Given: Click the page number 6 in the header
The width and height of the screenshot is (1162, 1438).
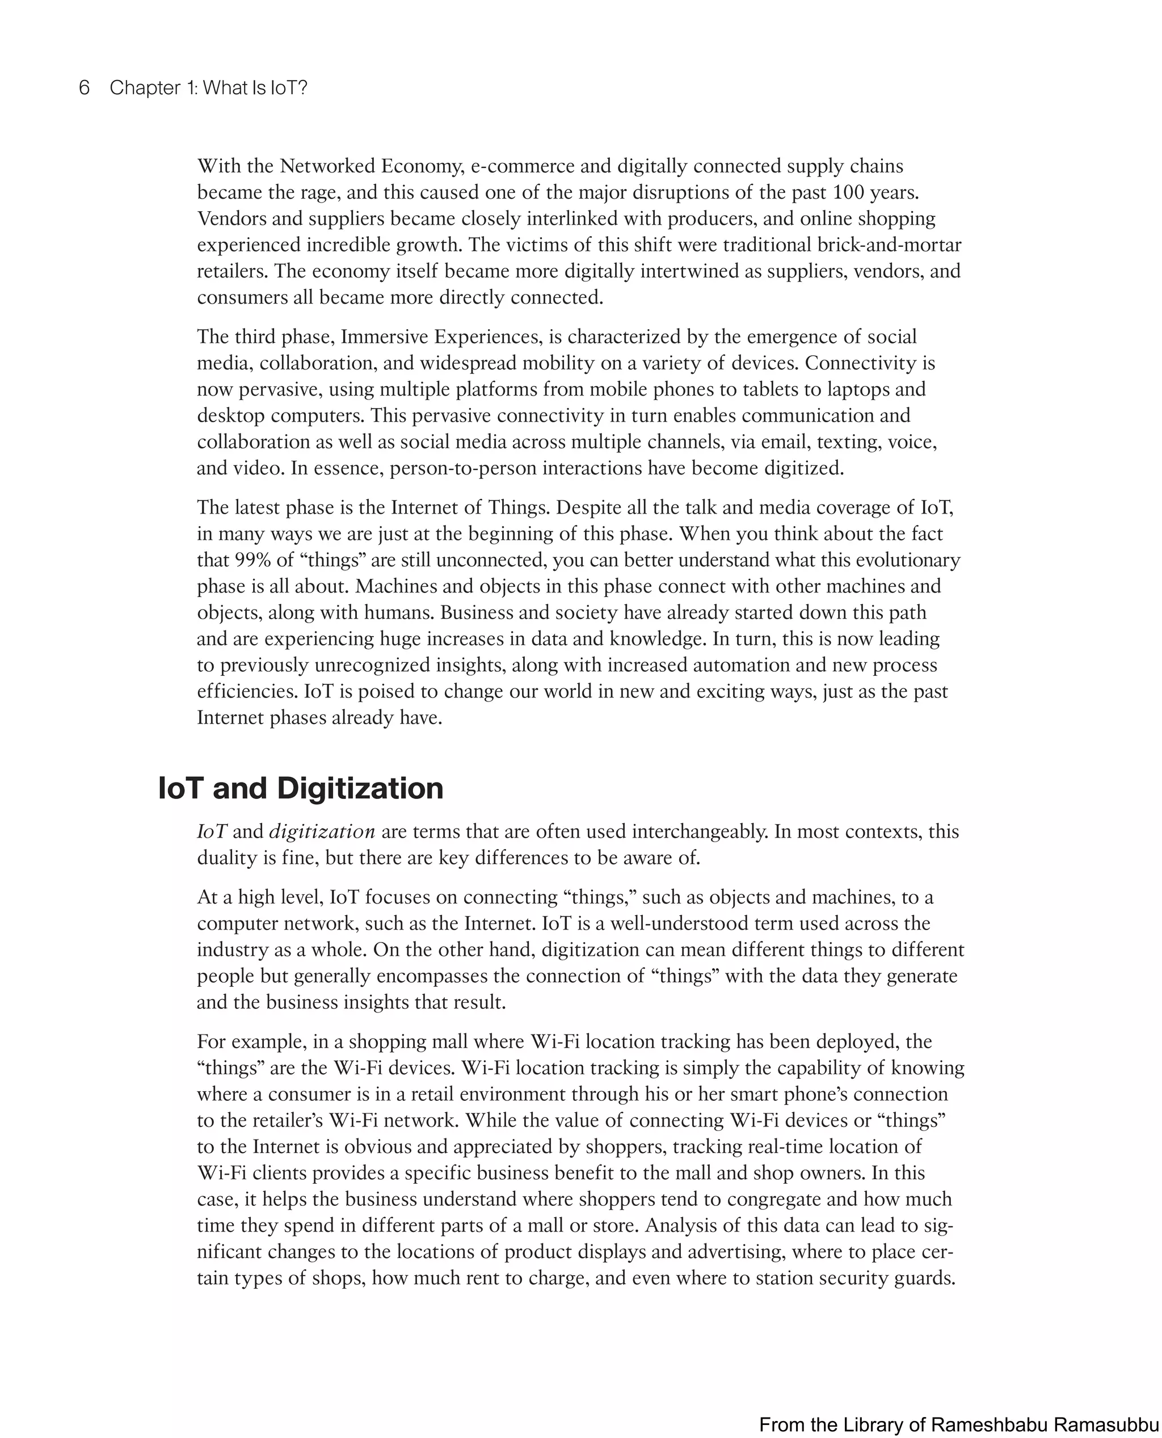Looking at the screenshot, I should coord(85,88).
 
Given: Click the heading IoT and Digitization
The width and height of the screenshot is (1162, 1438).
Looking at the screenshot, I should coord(301,789).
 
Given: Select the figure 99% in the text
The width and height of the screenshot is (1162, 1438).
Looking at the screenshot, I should coord(252,560).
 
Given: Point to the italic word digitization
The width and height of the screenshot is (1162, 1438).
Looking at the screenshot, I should coord(322,831).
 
